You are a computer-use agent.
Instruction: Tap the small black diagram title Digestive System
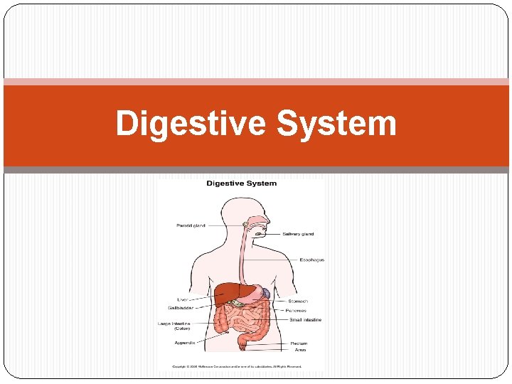pyautogui.click(x=241, y=183)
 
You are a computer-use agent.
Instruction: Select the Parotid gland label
pyautogui.click(x=191, y=225)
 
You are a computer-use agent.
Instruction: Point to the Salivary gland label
pyautogui.click(x=298, y=234)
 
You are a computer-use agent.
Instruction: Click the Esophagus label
pyautogui.click(x=311, y=260)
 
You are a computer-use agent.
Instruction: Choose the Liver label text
pyautogui.click(x=183, y=299)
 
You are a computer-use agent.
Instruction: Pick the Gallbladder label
pyautogui.click(x=181, y=308)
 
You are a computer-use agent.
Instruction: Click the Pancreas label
pyautogui.click(x=297, y=311)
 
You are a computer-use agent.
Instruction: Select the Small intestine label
pyautogui.click(x=305, y=320)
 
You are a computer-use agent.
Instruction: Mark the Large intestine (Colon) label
pyautogui.click(x=174, y=326)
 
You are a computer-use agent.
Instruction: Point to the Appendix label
pyautogui.click(x=185, y=343)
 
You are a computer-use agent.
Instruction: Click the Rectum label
pyautogui.click(x=299, y=343)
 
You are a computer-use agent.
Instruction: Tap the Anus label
pyautogui.click(x=300, y=351)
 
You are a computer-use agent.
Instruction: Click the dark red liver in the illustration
pyautogui.click(x=231, y=292)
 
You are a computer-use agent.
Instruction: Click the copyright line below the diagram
pyautogui.click(x=235, y=367)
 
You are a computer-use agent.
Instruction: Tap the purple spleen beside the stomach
pyautogui.click(x=265, y=292)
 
